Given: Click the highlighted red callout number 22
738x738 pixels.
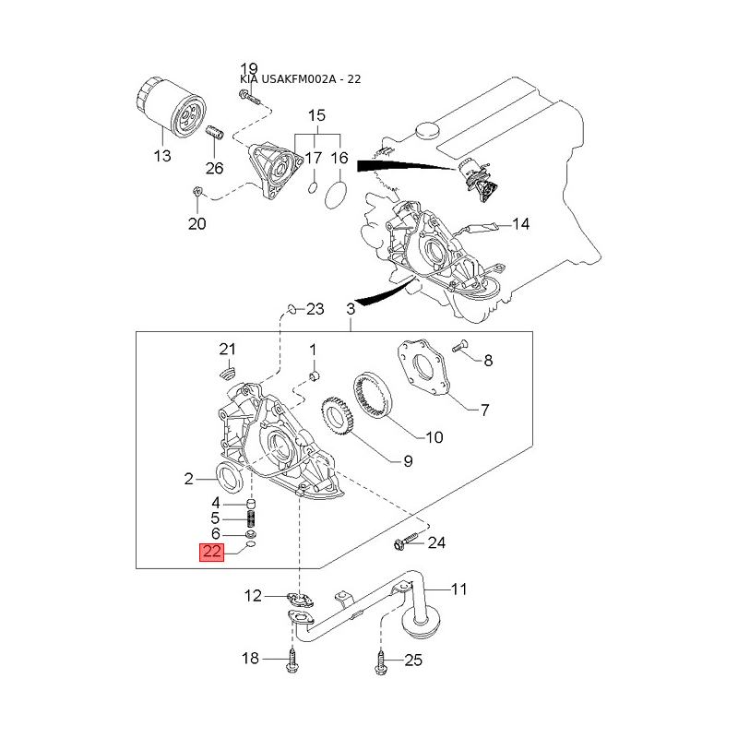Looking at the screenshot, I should point(212,553).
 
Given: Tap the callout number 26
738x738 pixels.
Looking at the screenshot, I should point(214,168).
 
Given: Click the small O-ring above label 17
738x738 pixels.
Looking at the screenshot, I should point(313,188).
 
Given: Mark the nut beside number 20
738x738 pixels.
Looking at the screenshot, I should point(197,192).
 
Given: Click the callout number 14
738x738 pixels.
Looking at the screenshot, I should point(521,223).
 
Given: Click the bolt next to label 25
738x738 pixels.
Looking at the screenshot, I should point(382,660).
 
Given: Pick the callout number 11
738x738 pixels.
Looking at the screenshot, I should point(458,589).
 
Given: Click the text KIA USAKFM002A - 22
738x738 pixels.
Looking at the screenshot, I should point(299,79).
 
